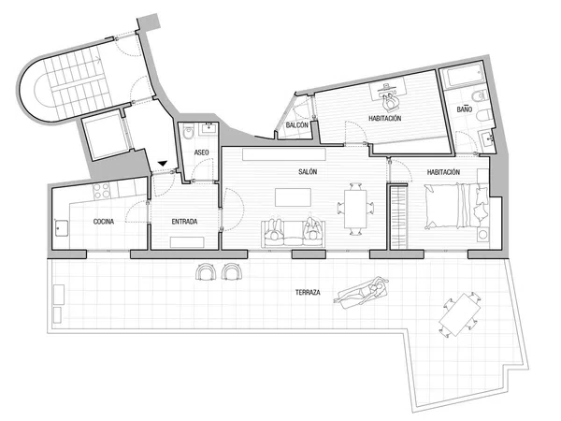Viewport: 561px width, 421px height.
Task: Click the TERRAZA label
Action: [308, 293]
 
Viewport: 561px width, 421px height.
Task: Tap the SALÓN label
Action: [308, 172]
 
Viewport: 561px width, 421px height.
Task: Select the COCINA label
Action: [104, 222]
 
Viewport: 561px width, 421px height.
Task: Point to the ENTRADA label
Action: [184, 222]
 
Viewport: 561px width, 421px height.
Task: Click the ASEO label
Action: [201, 152]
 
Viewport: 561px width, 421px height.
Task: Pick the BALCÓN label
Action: [297, 125]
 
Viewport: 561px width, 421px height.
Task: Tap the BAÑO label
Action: [465, 109]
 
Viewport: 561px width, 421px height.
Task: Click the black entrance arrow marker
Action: [163, 164]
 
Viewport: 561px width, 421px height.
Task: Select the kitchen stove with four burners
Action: [102, 191]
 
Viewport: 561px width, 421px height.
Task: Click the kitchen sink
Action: [62, 228]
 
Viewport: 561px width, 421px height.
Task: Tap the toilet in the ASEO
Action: [188, 131]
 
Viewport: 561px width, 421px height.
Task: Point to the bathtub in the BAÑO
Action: [462, 77]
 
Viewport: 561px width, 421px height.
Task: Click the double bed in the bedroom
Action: [457, 206]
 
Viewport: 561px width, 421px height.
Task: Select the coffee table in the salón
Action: [293, 197]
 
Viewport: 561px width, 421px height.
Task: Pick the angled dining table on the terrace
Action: [460, 314]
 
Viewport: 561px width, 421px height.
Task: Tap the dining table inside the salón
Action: [355, 209]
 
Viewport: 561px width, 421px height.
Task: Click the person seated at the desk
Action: [390, 102]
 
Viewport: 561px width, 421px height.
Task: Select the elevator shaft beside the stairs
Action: [105, 135]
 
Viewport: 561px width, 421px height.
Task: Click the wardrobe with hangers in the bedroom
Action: [398, 217]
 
